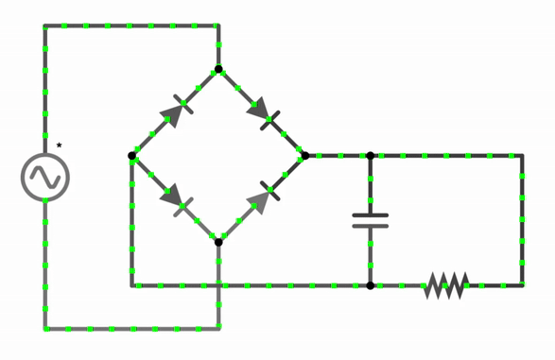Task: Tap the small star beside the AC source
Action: (x=59, y=146)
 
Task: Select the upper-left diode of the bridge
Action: (x=175, y=111)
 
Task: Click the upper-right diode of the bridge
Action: (x=262, y=113)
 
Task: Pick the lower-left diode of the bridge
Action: (x=176, y=199)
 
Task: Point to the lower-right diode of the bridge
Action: (x=262, y=197)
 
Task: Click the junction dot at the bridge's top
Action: (x=218, y=69)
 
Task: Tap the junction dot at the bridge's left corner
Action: (x=131, y=156)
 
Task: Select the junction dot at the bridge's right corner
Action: (x=304, y=156)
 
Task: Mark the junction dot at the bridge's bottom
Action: (x=218, y=242)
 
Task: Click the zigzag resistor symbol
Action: (x=446, y=285)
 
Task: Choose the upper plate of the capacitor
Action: (x=370, y=215)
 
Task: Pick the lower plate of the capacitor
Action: (x=370, y=227)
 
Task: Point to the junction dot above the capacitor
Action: (x=370, y=156)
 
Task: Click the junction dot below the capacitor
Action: (x=370, y=285)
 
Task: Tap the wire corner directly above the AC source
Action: (x=44, y=26)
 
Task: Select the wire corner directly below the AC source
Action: (x=44, y=329)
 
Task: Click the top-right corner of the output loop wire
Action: (x=522, y=156)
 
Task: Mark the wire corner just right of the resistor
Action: (x=522, y=285)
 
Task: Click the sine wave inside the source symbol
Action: (x=44, y=177)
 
